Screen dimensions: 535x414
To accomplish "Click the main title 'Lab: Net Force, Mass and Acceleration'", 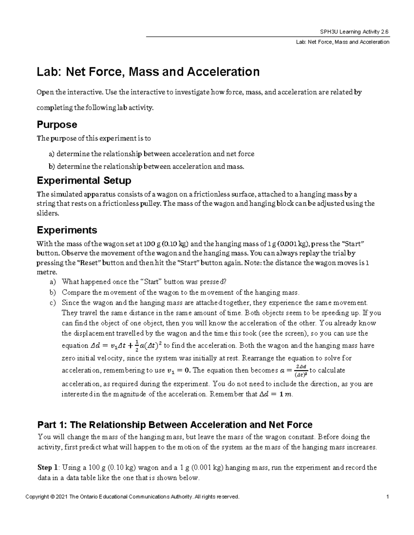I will pyautogui.click(x=148, y=72).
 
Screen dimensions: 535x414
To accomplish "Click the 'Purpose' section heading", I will pyautogui.click(x=57, y=124).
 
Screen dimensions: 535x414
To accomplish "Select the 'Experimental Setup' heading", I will pyautogui.click(x=84, y=181).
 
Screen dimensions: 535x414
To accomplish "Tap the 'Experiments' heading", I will pyautogui.click(x=67, y=230).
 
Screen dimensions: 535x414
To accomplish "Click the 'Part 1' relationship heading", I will pyautogui.click(x=175, y=424).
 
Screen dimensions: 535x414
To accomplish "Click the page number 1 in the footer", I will pyautogui.click(x=388, y=497).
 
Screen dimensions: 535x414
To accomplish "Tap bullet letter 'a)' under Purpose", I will pyautogui.click(x=52, y=154).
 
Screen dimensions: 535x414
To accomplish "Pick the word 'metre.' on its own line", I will pyautogui.click(x=45, y=272).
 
